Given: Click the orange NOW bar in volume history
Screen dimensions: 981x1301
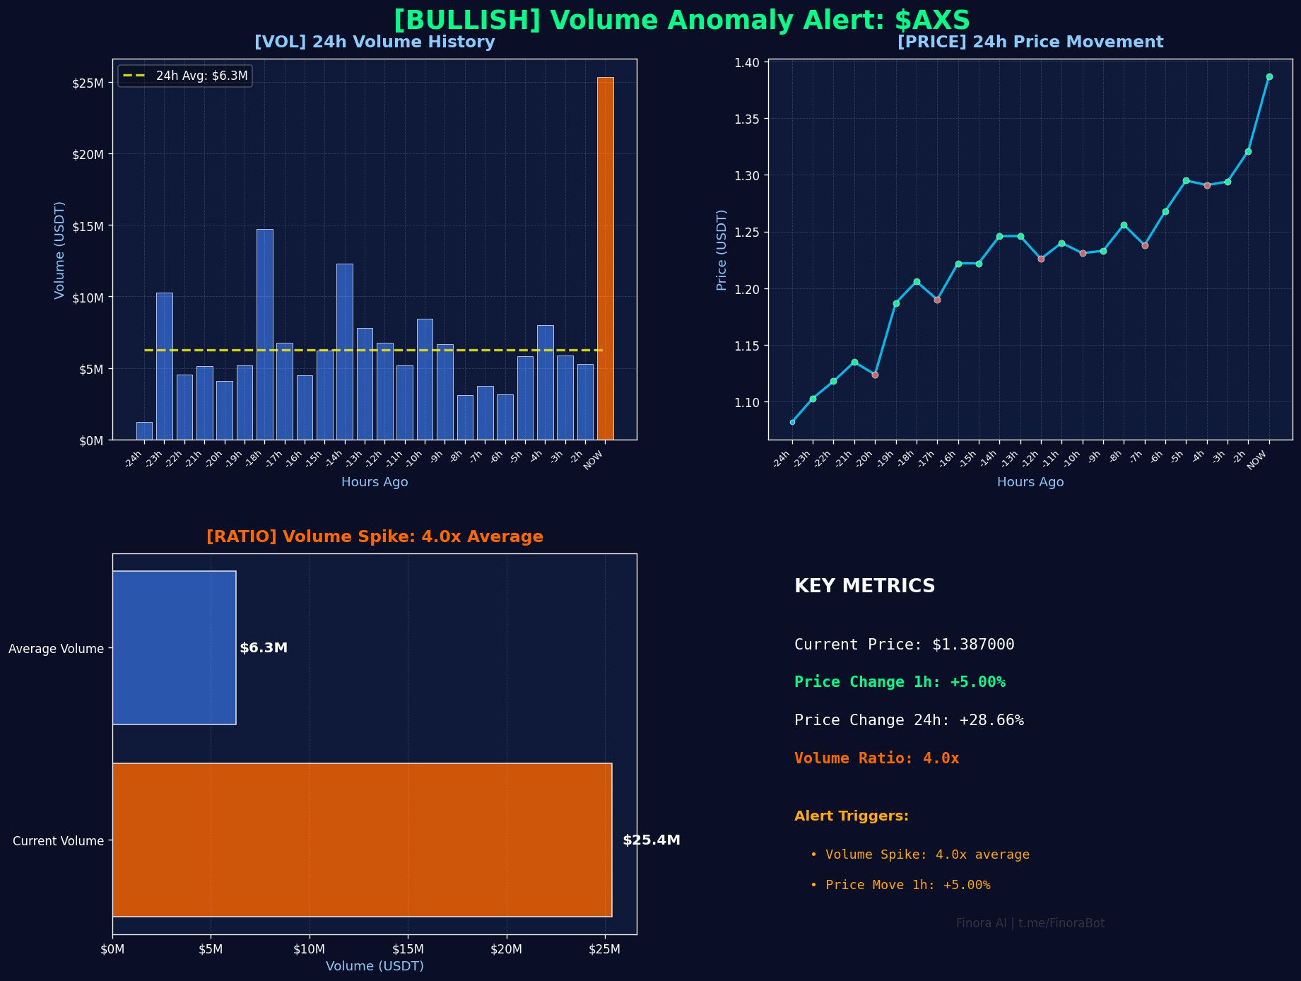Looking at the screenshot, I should tap(606, 258).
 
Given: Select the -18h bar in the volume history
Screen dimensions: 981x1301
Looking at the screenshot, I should tap(265, 334).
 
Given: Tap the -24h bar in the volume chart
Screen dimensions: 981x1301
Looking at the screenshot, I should tap(144, 431).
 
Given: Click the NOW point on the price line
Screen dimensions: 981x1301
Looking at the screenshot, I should tap(1269, 77).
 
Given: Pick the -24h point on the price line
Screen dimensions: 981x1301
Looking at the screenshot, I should tap(792, 422).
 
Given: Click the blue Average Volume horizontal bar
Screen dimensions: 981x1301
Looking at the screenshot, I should tap(175, 647).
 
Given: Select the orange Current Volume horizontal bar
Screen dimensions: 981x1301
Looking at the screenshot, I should tap(362, 840).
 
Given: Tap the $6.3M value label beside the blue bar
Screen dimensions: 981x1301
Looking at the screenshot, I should tap(264, 648).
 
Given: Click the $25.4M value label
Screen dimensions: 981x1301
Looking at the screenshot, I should tap(651, 840).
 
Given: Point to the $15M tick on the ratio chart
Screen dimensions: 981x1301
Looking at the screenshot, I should tap(408, 949).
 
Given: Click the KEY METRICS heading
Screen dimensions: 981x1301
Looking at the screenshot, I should tap(864, 586).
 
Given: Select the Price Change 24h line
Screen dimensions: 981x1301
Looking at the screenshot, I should tap(909, 720).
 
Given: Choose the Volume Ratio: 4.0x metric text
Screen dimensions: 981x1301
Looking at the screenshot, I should tap(876, 758).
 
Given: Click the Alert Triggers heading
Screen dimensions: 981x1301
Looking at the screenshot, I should tap(852, 816).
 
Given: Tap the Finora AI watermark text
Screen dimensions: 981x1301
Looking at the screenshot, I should tap(1030, 923).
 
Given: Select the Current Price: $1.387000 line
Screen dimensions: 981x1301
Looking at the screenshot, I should tap(904, 645).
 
